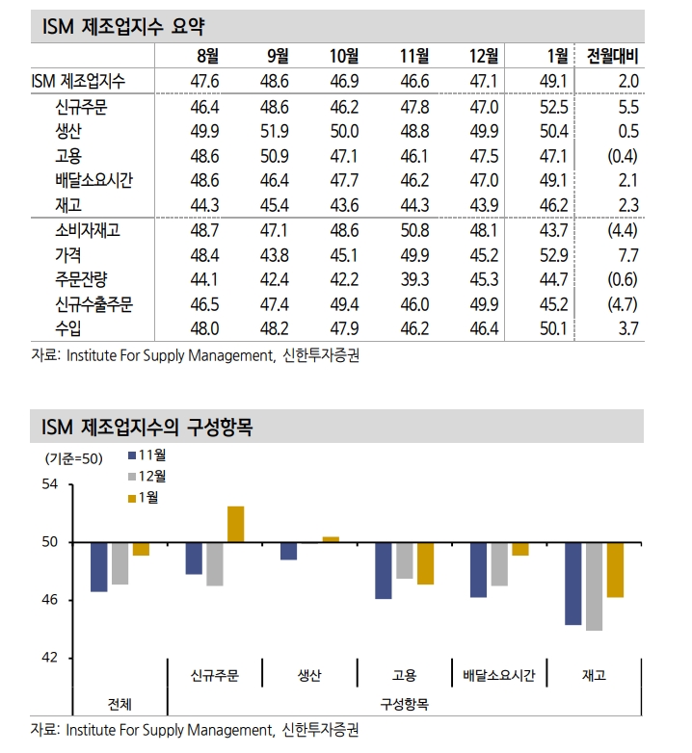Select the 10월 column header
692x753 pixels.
[x=343, y=57]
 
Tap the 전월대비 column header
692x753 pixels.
[x=612, y=57]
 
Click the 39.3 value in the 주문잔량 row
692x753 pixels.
[x=414, y=279]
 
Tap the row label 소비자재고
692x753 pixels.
[x=89, y=231]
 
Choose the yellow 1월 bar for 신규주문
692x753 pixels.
[x=235, y=524]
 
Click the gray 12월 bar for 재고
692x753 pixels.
[x=594, y=586]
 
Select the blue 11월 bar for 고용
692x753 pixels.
[x=384, y=571]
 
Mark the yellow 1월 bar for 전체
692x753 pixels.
[x=141, y=549]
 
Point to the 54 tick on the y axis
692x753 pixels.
[x=50, y=485]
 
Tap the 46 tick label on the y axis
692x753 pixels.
[x=50, y=600]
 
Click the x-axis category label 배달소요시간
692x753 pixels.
[x=499, y=675]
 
